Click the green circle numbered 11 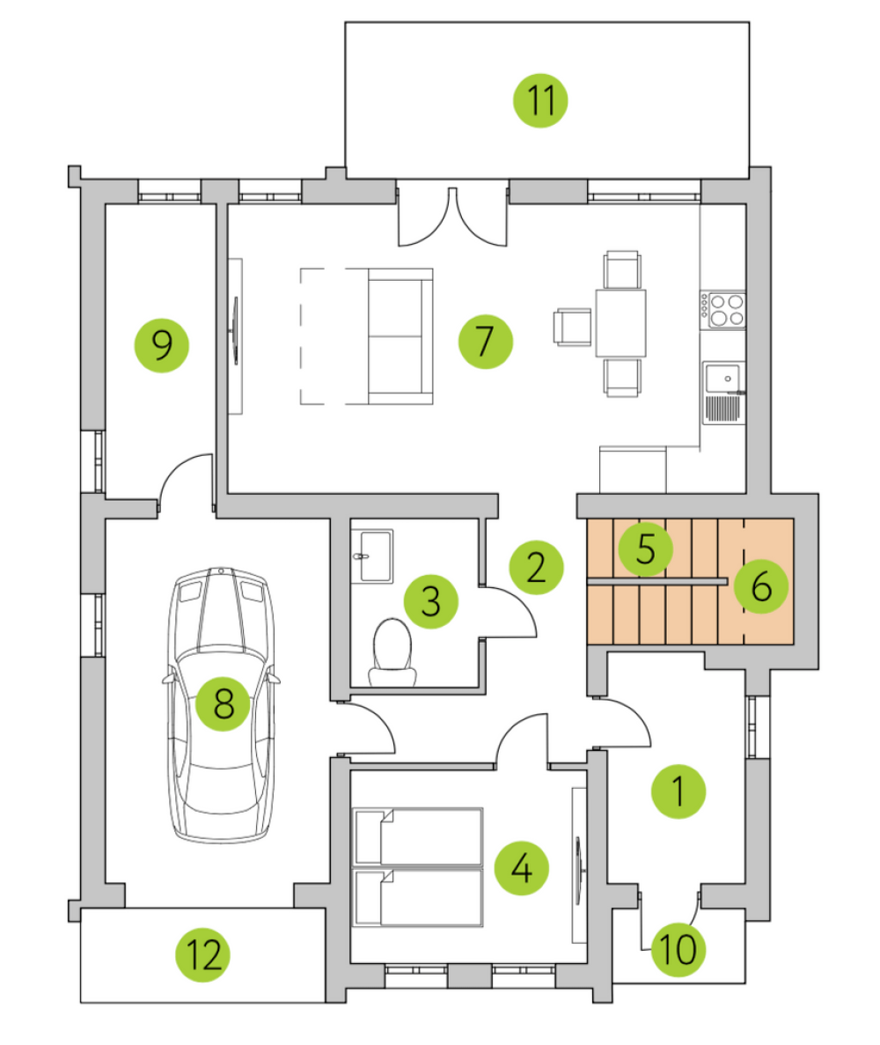[540, 100]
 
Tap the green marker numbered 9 [162, 344]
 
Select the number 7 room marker [486, 342]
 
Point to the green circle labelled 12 [203, 954]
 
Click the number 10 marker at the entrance [678, 949]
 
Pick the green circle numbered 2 [536, 568]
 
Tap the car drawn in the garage [221, 704]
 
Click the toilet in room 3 [392, 652]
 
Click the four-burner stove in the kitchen [722, 311]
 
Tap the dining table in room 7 [621, 323]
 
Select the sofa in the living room [400, 336]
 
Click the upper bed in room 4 [418, 837]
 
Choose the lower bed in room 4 [418, 898]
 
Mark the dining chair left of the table [572, 327]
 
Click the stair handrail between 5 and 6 [656, 582]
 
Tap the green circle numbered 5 [646, 549]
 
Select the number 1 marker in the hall [678, 791]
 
